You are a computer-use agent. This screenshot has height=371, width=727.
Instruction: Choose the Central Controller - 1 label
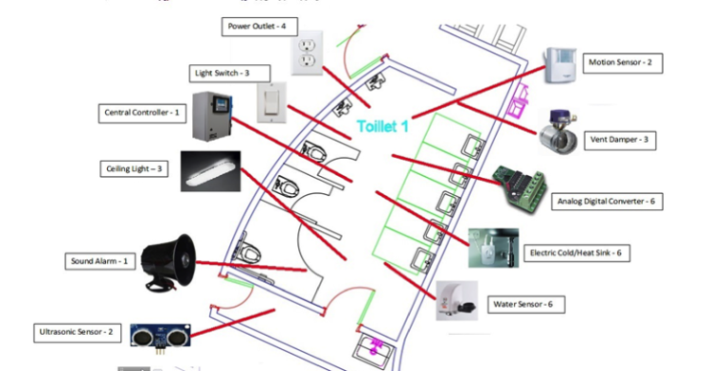[x=143, y=113]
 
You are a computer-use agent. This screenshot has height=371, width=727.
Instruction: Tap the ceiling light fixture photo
[x=210, y=170]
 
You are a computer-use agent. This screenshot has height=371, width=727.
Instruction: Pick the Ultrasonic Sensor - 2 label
[x=76, y=332]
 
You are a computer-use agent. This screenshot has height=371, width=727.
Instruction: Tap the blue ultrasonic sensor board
[x=160, y=334]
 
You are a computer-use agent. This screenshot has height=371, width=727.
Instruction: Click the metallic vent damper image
[x=559, y=132]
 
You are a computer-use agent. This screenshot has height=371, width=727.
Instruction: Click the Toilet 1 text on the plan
[x=383, y=126]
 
